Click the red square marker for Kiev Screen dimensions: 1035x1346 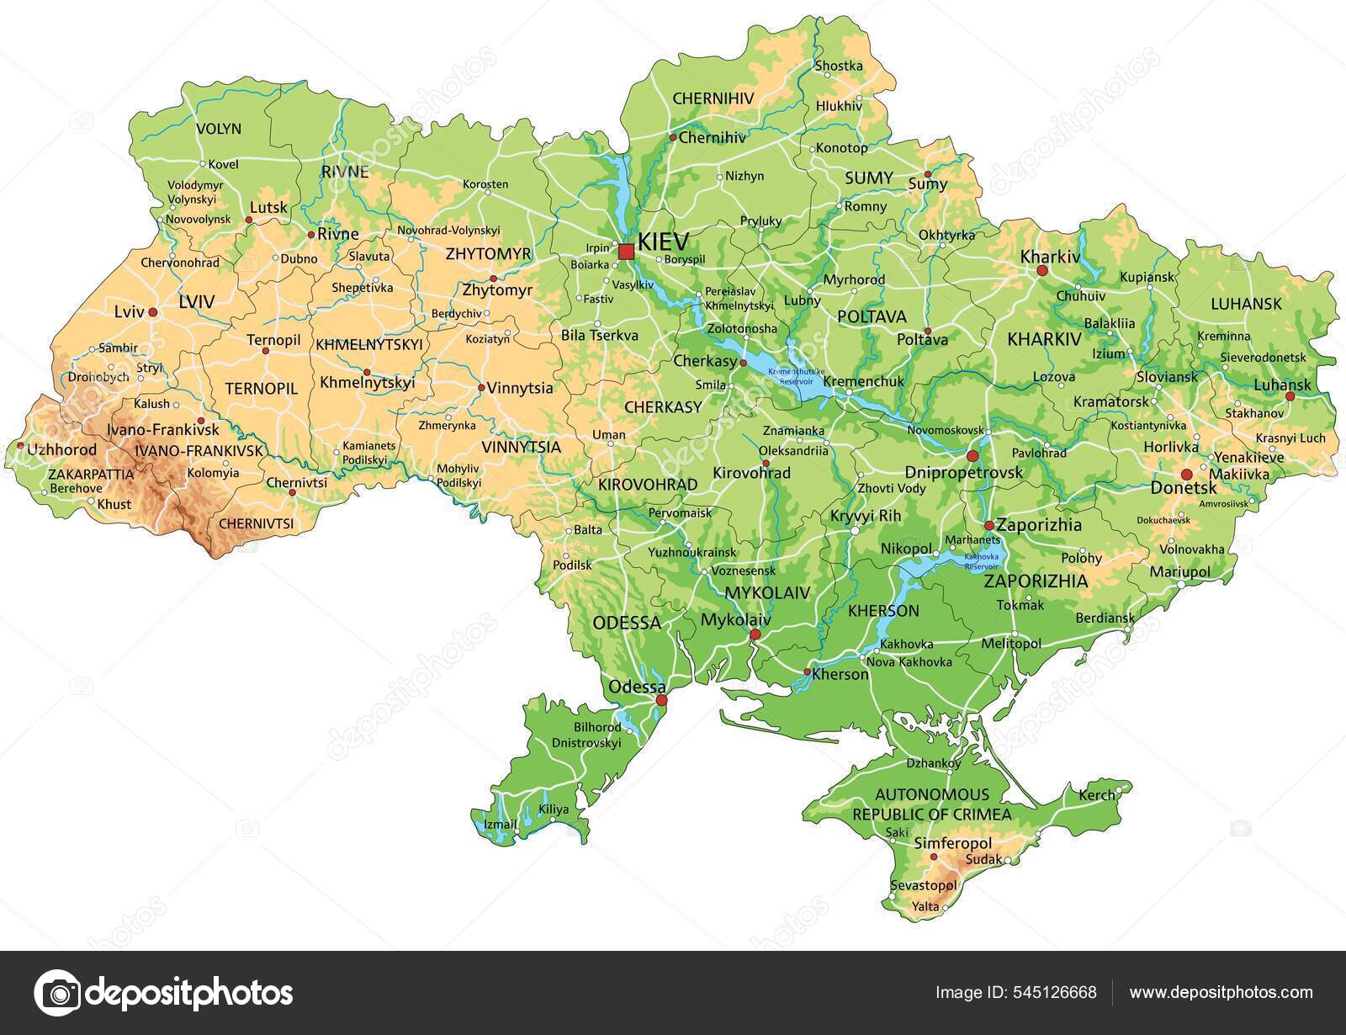coord(626,252)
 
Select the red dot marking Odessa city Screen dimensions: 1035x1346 coord(661,700)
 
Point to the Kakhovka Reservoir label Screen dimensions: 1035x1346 coord(981,561)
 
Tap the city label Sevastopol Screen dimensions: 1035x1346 coord(923,886)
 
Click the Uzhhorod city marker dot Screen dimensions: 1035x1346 coord(20,446)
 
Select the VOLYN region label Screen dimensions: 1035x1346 coord(218,129)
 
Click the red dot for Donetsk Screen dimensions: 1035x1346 coord(1187,475)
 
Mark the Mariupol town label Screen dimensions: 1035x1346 coord(1179,571)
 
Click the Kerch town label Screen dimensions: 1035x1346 coord(1097,794)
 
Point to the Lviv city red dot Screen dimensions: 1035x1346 coord(153,312)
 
